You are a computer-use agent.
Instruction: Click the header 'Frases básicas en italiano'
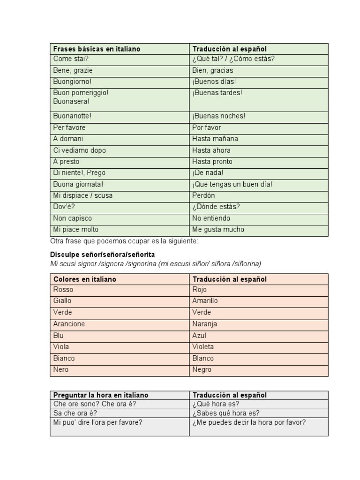[97, 49]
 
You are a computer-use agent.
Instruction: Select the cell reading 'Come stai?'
[71, 59]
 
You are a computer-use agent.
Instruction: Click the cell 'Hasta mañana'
[215, 139]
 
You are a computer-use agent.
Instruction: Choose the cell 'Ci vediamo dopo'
[80, 150]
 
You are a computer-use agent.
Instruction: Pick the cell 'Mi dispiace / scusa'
[83, 195]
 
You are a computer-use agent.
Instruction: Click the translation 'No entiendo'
[211, 218]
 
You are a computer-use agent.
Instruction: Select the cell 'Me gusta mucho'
[218, 230]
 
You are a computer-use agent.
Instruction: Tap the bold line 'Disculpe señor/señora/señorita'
[102, 255]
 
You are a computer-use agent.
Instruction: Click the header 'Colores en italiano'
[85, 279]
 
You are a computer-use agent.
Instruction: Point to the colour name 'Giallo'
[62, 301]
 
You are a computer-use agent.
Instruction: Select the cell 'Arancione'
[69, 324]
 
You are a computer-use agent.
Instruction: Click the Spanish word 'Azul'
[199, 336]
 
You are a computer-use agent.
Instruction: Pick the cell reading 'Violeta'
[202, 347]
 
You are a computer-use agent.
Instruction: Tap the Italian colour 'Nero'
[61, 369]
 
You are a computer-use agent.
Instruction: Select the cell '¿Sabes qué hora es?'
[225, 413]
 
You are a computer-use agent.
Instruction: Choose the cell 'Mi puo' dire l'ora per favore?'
[97, 422]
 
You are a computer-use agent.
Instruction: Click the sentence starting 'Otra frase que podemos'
[124, 241]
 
